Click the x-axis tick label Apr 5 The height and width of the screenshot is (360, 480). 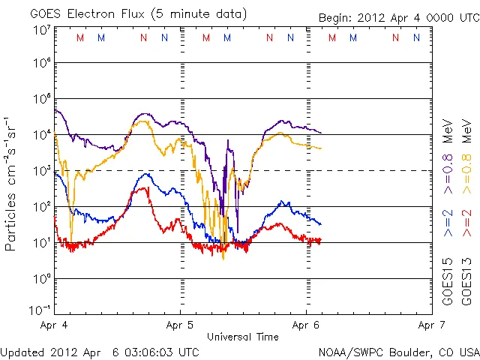(180, 325)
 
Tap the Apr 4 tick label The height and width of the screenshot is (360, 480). (54, 325)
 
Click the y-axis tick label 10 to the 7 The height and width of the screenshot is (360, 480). (40, 31)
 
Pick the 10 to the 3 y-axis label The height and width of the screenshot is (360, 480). (40, 172)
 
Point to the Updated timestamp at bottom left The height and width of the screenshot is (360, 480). (100, 351)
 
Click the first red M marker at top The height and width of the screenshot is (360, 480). (80, 37)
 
